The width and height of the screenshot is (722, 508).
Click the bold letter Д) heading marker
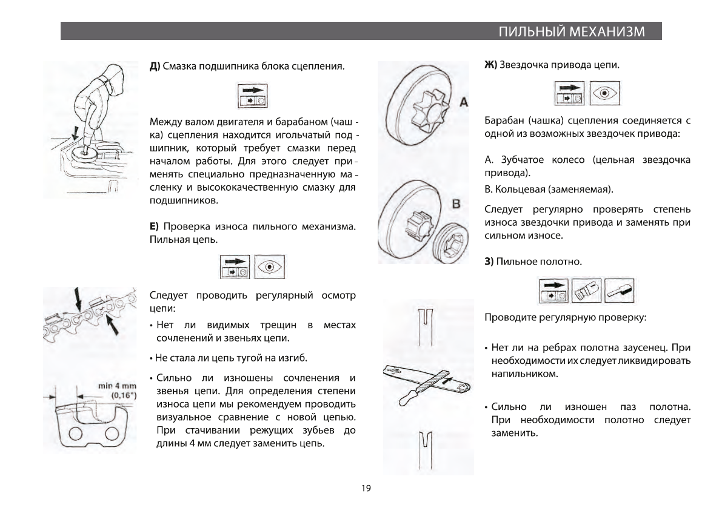(x=155, y=65)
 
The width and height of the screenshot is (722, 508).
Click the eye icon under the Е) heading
(x=270, y=266)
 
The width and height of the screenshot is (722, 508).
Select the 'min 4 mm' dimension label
(x=118, y=386)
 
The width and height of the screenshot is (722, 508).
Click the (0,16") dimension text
(x=122, y=395)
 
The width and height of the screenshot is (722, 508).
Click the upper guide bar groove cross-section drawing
(x=424, y=322)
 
